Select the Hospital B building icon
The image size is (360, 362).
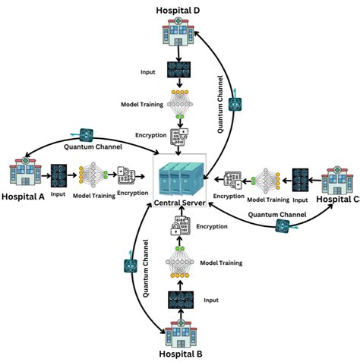[x=179, y=331]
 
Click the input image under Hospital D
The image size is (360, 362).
[x=179, y=70]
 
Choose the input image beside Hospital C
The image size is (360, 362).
[x=302, y=181]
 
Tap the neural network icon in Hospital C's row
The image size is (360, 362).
[x=266, y=181]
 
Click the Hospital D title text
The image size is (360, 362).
[x=178, y=9]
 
